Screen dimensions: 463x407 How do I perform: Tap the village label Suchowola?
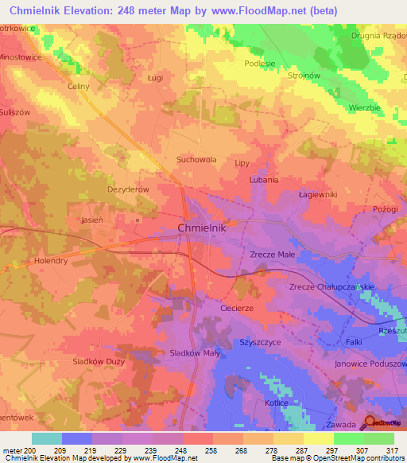click(196, 159)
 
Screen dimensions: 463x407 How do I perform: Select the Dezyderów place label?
click(128, 190)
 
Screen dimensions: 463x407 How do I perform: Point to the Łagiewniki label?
click(318, 194)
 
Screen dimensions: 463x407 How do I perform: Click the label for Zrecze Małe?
click(272, 255)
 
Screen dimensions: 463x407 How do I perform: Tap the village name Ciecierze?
click(236, 307)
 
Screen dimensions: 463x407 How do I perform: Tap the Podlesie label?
click(260, 64)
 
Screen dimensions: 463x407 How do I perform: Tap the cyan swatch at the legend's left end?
click(47, 438)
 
